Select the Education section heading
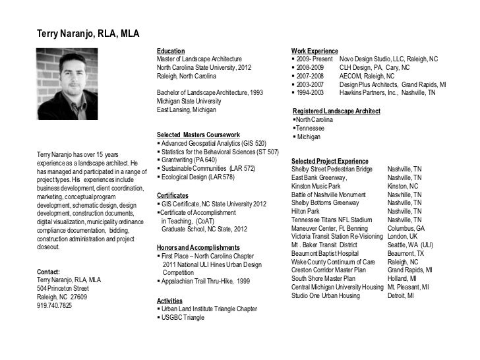click(x=171, y=51)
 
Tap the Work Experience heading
click(x=315, y=51)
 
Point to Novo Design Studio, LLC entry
click(x=388, y=59)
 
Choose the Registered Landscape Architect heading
click(x=336, y=111)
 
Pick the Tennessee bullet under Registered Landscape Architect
click(x=313, y=128)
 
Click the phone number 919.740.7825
click(x=55, y=306)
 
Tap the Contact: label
click(x=49, y=272)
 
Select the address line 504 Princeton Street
click(x=63, y=289)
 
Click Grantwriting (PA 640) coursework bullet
click(x=189, y=160)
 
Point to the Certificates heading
click(x=173, y=196)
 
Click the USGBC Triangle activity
click(x=182, y=317)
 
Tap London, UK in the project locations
click(x=403, y=237)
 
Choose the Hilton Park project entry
click(x=305, y=211)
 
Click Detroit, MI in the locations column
click(x=401, y=296)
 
